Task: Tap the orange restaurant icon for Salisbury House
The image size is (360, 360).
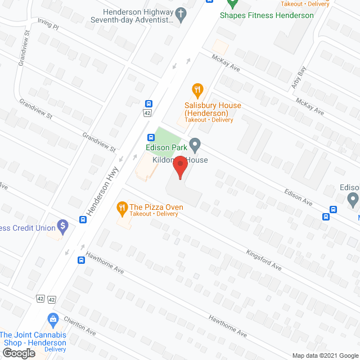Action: click(197, 89)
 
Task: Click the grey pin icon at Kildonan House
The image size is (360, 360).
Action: click(195, 145)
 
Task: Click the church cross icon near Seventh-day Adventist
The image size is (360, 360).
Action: click(181, 15)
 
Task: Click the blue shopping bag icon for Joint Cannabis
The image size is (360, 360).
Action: click(53, 319)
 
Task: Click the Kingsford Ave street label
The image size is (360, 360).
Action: click(264, 260)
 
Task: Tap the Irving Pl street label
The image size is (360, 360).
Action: click(48, 25)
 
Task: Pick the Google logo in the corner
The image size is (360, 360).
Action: click(19, 353)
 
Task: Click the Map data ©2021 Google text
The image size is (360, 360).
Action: click(324, 355)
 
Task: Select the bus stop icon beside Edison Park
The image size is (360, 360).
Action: click(151, 138)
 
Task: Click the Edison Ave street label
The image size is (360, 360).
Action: click(298, 197)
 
